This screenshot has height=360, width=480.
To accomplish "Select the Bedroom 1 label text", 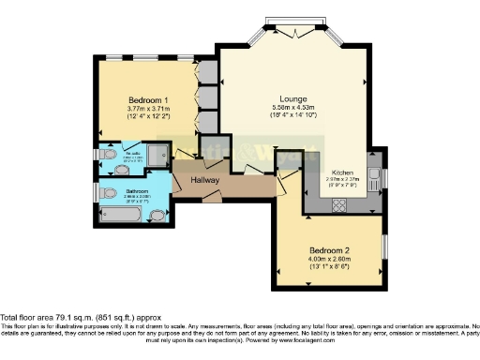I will coord(148,99).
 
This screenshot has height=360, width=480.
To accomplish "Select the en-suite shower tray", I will coord(158,154).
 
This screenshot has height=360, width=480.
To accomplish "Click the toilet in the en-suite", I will coord(109,155).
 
